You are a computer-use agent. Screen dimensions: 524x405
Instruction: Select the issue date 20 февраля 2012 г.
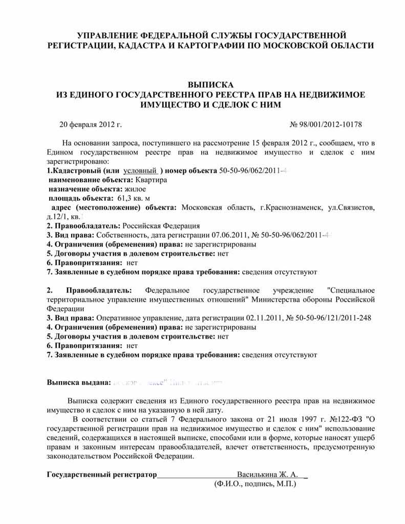91,124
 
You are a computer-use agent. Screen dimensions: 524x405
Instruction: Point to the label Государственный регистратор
101,474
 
